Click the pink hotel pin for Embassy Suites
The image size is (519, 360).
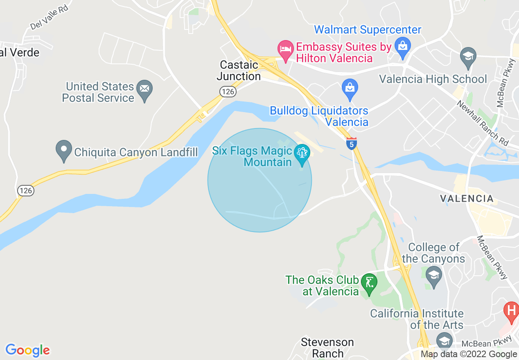tap(285, 49)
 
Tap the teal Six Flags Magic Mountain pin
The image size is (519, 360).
tap(302, 154)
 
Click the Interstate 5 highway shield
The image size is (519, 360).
tap(351, 144)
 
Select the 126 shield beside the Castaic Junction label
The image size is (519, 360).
tap(228, 92)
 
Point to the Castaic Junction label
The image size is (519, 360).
tap(239, 70)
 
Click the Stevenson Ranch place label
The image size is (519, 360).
tap(327, 347)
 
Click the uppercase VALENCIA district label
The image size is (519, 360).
tap(467, 199)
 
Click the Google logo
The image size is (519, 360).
tap(27, 350)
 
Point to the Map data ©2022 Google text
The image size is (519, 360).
tap(469, 354)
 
